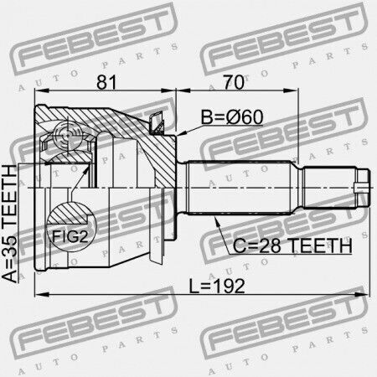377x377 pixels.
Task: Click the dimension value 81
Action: point(106,82)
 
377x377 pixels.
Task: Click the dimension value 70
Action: point(233,82)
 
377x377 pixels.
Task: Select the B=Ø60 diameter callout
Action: point(232,117)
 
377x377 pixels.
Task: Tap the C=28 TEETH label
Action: point(292,245)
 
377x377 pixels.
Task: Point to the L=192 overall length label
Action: point(217,286)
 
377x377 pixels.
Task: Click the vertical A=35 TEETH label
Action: point(9,224)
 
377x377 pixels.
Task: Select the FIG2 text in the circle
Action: point(70,237)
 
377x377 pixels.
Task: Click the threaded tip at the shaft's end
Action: point(364,187)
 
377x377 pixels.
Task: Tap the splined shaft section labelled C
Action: point(240,187)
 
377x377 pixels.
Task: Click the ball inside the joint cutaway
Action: point(67,137)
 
